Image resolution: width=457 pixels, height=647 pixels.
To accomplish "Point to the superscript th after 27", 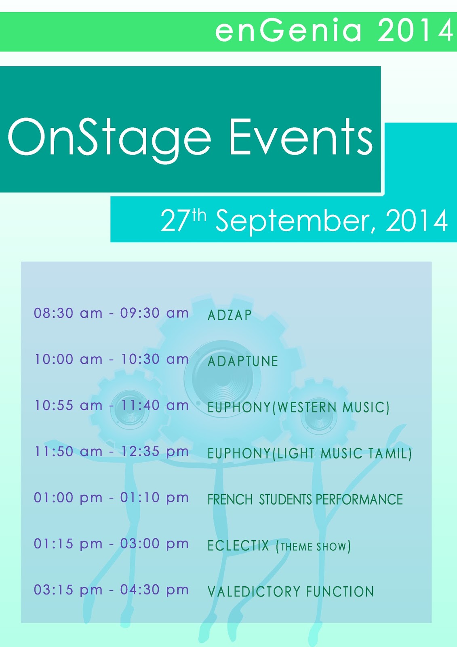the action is tap(200, 216).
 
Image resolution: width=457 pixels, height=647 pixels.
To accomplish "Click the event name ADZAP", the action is tap(230, 315).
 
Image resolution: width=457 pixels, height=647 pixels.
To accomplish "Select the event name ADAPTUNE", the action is tap(243, 362).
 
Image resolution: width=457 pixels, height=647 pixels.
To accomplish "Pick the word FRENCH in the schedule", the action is tap(230, 500).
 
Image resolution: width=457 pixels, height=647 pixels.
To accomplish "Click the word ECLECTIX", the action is tap(238, 546).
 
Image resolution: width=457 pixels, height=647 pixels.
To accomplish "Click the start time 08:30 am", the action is tap(68, 313).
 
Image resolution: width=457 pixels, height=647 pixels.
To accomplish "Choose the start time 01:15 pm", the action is tap(68, 544).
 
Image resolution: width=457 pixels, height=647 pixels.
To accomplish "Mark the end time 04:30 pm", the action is tap(154, 590).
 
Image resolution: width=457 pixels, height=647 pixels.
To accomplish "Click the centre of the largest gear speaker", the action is tap(223, 378).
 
